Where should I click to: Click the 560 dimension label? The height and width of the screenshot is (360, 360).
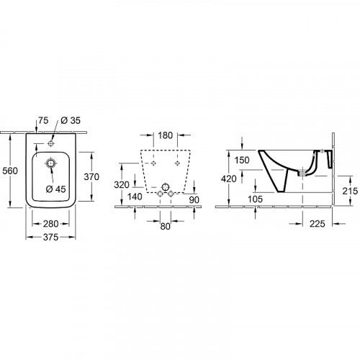(10, 171)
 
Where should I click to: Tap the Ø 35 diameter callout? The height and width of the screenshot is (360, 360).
(71, 120)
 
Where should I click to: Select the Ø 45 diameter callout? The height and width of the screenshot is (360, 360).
(55, 189)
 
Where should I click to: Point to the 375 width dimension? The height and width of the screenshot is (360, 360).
(50, 237)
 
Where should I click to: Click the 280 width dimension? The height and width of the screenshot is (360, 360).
(50, 224)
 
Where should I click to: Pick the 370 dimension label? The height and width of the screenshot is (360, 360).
(91, 177)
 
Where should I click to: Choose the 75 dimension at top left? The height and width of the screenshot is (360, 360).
(43, 120)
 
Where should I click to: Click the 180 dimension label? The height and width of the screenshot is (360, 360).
(166, 135)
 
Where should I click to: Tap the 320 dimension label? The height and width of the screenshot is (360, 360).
(122, 185)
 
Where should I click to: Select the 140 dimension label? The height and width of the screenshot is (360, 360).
(135, 197)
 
